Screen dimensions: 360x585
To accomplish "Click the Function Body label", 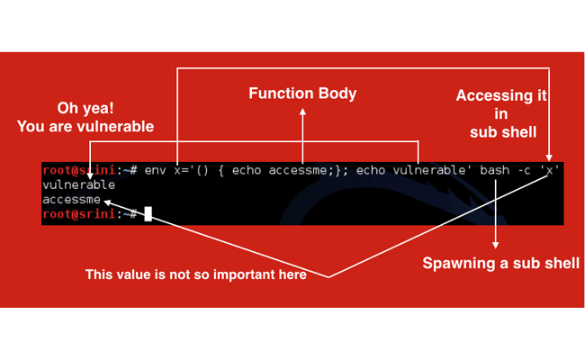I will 302,94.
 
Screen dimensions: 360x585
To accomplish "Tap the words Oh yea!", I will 85,106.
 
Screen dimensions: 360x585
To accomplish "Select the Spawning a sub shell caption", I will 500,264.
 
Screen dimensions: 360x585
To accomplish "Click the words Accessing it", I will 501,95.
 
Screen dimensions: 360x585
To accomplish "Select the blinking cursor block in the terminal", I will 148,213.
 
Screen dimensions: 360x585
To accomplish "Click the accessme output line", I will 72,200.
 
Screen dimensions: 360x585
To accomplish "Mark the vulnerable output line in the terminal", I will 79,185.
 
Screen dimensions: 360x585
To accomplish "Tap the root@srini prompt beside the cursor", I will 80,214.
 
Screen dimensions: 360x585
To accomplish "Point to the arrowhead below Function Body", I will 302,112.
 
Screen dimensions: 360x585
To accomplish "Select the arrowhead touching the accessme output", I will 108,201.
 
